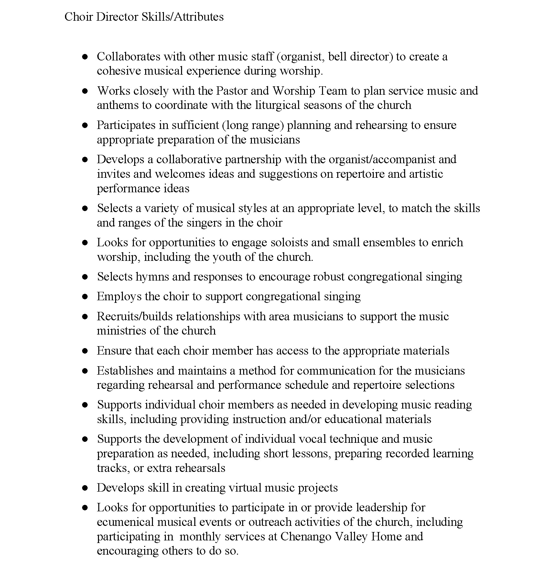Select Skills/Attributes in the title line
(183, 17)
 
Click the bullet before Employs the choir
(85, 297)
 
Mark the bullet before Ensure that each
(85, 351)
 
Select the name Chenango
(306, 537)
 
